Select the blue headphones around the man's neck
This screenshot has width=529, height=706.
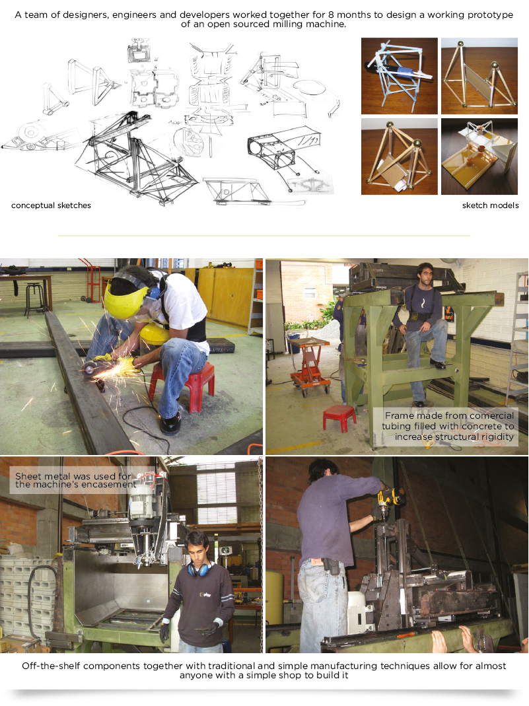(x=199, y=568)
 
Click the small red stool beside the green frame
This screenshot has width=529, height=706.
(x=339, y=417)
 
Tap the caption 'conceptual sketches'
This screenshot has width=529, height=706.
(x=51, y=205)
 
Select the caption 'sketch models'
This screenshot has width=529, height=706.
(x=490, y=205)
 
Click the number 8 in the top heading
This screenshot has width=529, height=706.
(x=331, y=15)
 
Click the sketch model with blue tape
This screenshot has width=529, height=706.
(x=400, y=76)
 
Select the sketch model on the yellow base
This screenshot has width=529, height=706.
(x=479, y=157)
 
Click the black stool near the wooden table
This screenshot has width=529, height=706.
(x=35, y=299)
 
